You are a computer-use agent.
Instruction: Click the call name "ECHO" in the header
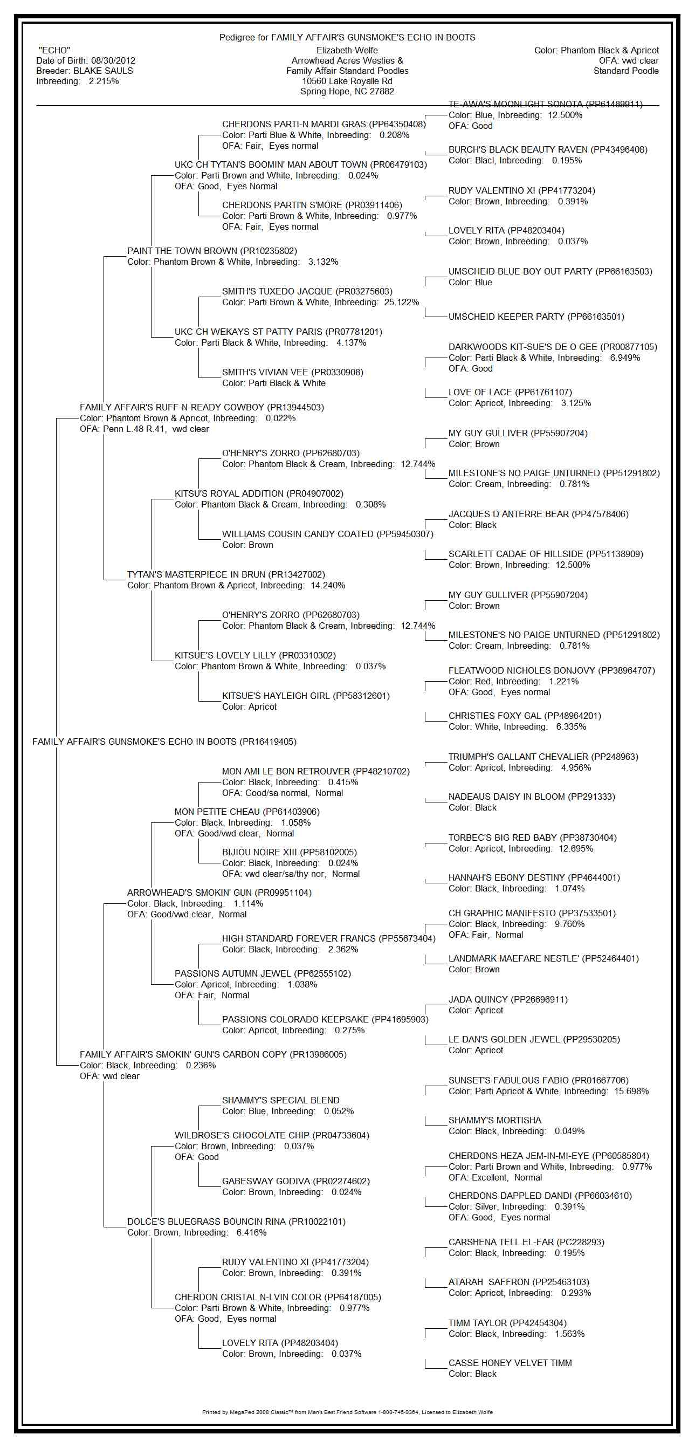click(x=54, y=51)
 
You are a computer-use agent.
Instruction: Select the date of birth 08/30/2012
click(x=113, y=61)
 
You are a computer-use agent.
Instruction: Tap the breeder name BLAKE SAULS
click(x=103, y=71)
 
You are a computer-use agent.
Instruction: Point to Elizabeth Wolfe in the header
click(x=347, y=51)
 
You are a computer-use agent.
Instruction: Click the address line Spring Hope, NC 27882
click(x=347, y=92)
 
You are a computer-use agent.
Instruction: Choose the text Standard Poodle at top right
click(x=626, y=71)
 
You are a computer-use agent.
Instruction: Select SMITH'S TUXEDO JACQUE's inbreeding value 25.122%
click(x=401, y=303)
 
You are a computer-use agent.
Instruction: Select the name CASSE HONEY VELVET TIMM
click(x=510, y=1363)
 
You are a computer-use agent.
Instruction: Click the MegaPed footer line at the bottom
click(x=347, y=1412)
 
